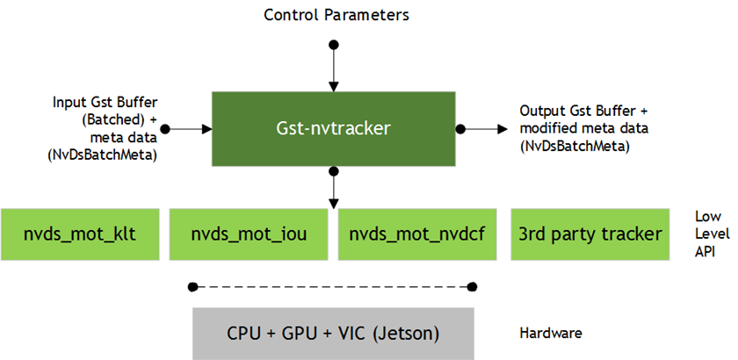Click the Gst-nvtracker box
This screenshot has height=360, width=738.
(333, 128)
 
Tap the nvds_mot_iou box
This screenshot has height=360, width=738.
(249, 234)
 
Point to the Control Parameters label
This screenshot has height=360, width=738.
(336, 15)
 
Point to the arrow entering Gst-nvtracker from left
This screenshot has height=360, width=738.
(186, 128)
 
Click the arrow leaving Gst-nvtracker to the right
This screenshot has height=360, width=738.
(479, 128)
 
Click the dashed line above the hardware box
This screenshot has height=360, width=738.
(333, 286)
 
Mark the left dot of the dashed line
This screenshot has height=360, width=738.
(192, 286)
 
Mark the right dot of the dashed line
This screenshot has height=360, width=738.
(474, 286)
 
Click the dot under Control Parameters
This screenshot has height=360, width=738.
(332, 44)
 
